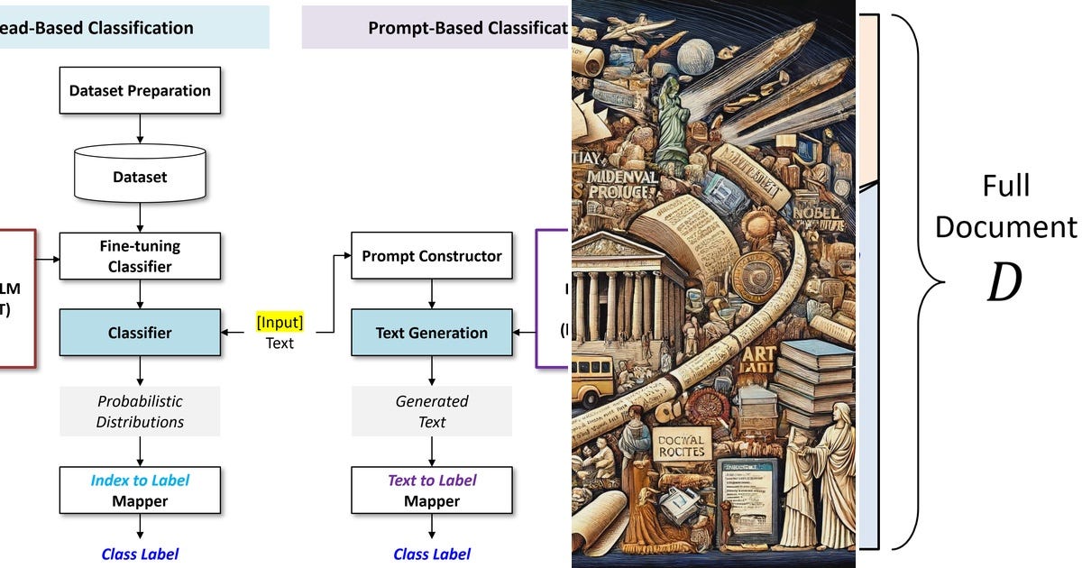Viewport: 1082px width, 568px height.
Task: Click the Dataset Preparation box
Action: click(x=140, y=91)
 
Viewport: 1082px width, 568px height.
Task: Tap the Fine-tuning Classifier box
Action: click(x=140, y=256)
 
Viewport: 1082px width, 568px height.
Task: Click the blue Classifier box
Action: click(x=140, y=333)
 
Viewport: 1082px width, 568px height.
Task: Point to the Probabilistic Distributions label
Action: click(x=140, y=411)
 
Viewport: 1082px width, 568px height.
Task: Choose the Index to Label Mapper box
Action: click(x=140, y=490)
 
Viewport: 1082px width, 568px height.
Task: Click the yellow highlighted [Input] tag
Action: click(x=280, y=322)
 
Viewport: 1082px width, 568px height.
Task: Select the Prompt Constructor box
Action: click(x=431, y=256)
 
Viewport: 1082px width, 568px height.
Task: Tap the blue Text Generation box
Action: click(x=431, y=333)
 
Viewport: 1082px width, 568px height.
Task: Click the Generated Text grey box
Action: click(x=431, y=411)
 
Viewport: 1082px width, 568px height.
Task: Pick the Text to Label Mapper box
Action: click(x=431, y=490)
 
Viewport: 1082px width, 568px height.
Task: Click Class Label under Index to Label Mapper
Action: click(x=140, y=554)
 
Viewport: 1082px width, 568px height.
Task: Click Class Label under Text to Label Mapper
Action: click(x=431, y=554)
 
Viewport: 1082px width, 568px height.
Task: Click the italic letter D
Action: click(x=1004, y=282)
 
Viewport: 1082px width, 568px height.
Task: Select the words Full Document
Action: click(x=1005, y=206)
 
